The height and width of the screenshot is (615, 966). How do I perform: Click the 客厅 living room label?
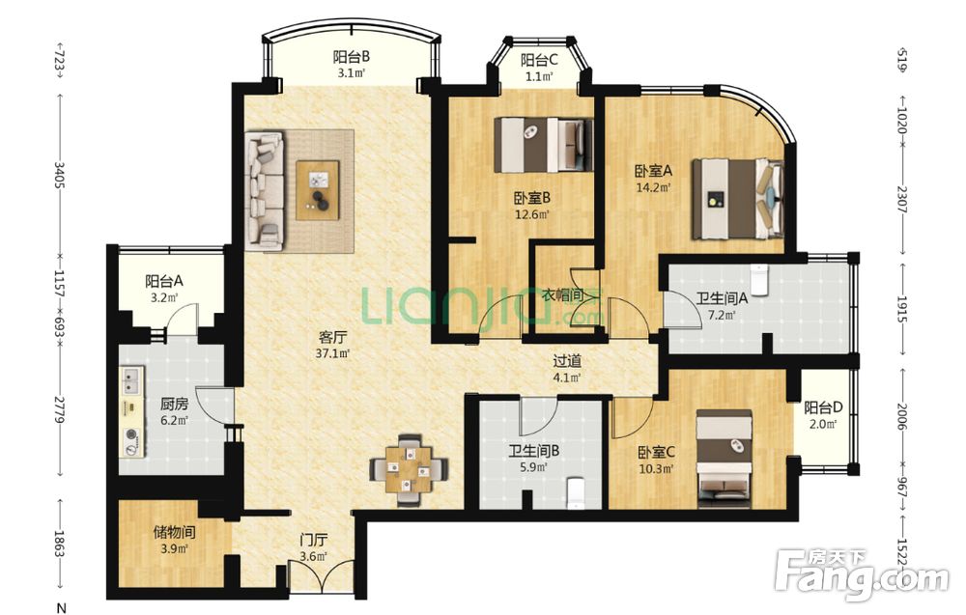332,337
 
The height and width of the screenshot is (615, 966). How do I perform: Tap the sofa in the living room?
266,191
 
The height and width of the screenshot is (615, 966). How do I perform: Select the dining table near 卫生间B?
409,469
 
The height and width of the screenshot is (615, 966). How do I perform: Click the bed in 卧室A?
738,199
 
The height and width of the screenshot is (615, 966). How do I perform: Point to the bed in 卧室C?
724,459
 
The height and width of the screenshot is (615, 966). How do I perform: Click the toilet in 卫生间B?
575,493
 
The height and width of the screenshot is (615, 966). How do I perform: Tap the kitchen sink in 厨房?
131,380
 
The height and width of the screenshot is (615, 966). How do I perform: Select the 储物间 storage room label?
174,531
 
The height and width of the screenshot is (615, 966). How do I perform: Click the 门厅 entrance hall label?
313,541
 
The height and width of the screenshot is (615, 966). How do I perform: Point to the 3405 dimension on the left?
60,176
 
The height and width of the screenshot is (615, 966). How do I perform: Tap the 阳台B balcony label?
352,57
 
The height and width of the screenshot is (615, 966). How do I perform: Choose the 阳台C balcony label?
539,60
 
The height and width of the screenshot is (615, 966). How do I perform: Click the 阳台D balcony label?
823,406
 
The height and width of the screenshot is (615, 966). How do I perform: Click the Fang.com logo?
862,574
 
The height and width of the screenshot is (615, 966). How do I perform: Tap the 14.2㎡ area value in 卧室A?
653,186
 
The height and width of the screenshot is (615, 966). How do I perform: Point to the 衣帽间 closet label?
562,294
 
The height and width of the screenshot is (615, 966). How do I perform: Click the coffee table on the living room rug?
317,190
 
